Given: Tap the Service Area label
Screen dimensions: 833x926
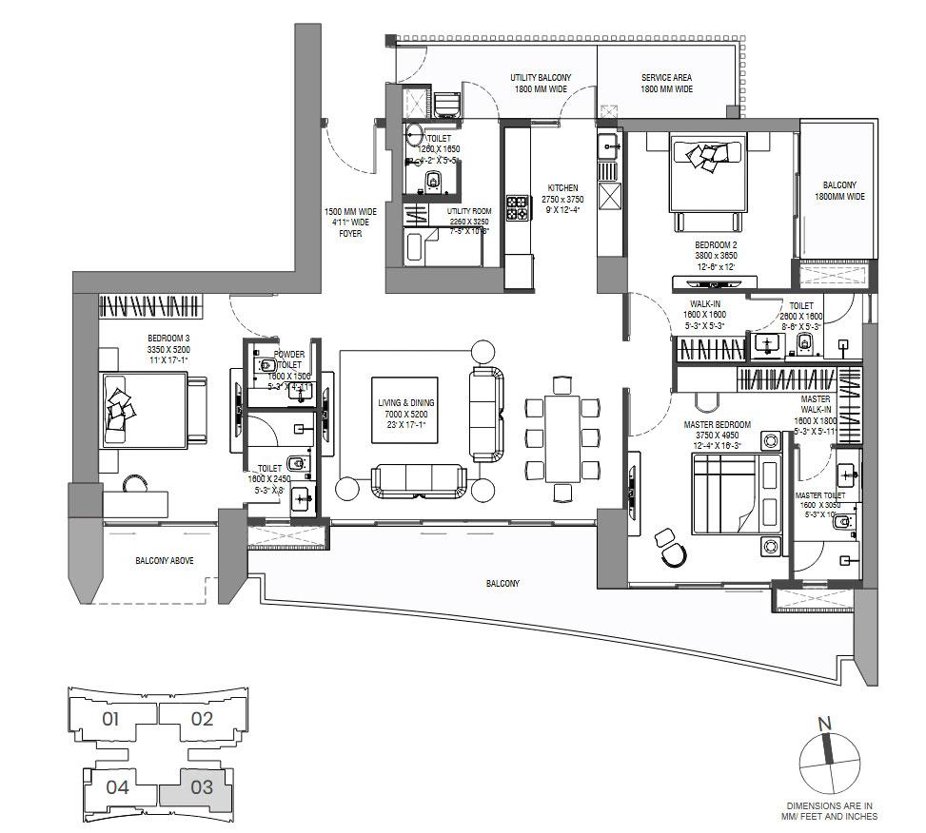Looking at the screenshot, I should (x=666, y=83).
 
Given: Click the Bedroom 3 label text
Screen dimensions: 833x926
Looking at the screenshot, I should (x=167, y=345).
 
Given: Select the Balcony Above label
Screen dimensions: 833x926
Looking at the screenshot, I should (x=164, y=561).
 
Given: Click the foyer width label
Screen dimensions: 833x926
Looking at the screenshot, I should (x=351, y=223).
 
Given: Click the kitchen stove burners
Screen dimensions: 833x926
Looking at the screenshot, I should (x=517, y=207).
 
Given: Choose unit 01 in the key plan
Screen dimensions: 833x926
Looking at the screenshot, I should (x=111, y=719).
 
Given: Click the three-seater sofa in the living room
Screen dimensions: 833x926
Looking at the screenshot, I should (x=419, y=477).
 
